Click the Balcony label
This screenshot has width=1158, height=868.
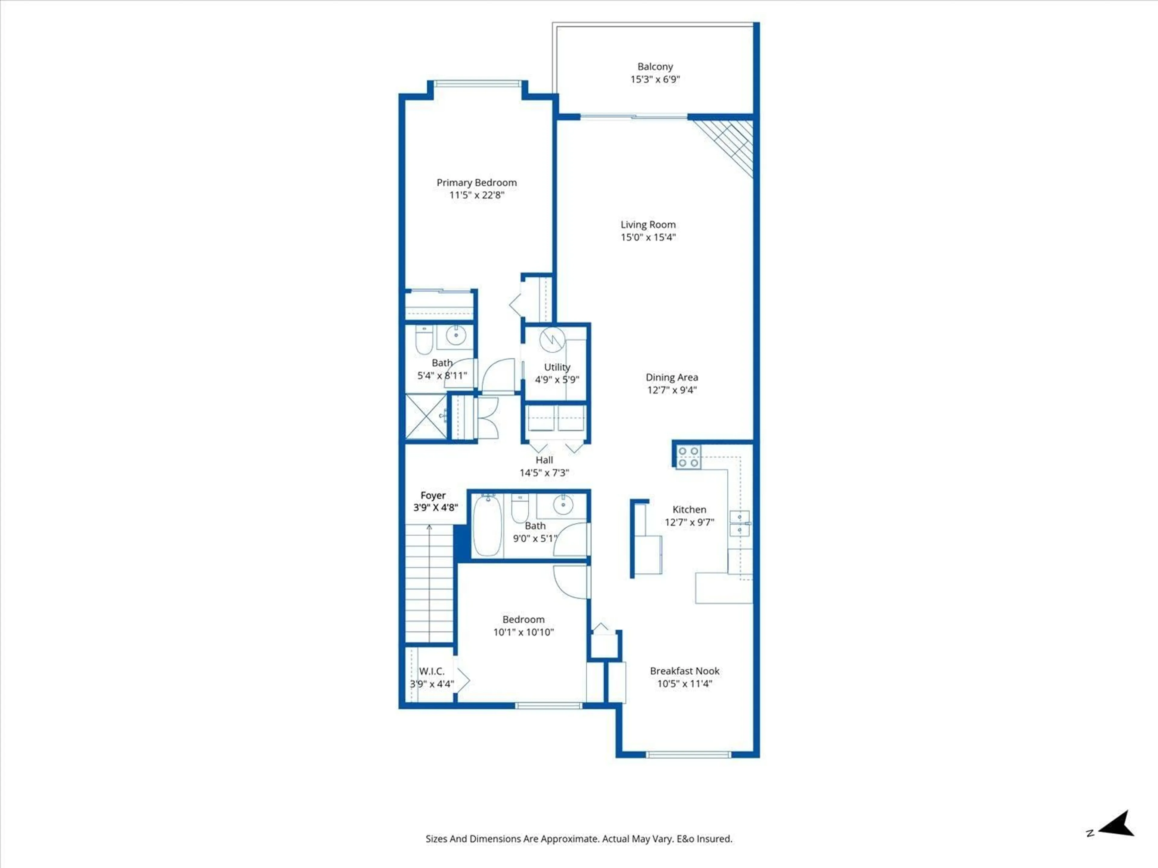655,66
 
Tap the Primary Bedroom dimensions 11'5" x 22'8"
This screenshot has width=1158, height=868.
476,195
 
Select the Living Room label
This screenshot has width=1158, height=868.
648,225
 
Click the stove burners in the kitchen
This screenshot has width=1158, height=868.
688,457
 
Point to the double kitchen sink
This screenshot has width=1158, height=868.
739,523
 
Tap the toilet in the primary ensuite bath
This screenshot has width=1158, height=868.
423,340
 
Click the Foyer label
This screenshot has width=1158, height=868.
433,495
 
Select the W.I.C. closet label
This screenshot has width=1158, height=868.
431,671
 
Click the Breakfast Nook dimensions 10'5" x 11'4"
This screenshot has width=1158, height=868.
685,683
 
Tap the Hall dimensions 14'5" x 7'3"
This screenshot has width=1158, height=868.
544,473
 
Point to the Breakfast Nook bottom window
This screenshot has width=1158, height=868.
688,754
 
